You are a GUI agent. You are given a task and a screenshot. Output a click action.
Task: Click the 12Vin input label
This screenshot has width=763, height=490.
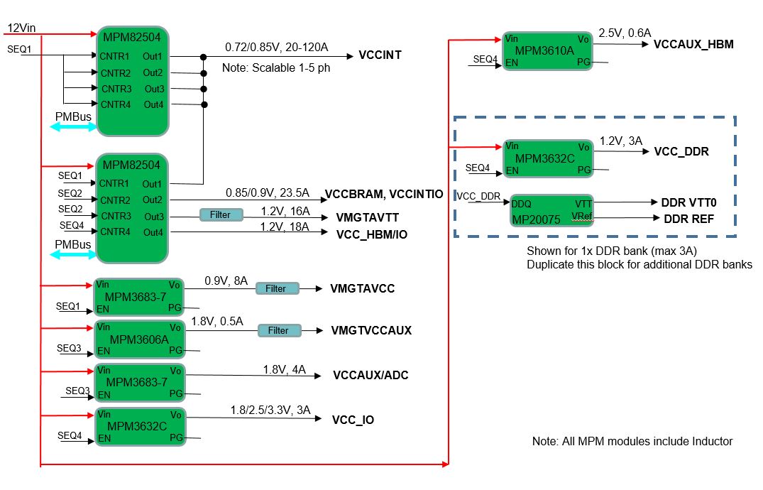click(x=21, y=28)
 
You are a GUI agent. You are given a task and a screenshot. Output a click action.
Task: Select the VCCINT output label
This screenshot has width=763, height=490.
click(x=380, y=55)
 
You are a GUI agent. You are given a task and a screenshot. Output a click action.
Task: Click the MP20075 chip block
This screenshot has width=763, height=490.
click(x=551, y=210)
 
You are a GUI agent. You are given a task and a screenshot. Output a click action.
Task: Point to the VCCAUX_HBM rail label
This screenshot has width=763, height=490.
click(x=693, y=45)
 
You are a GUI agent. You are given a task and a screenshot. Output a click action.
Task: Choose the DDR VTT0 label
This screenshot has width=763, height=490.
click(x=688, y=202)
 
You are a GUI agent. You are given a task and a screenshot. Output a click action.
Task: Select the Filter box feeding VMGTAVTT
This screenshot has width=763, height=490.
click(x=220, y=214)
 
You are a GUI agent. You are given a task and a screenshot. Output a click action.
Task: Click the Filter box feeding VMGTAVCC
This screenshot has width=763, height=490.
click(x=275, y=288)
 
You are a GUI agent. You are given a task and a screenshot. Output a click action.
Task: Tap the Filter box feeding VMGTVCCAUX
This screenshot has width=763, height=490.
click(x=278, y=330)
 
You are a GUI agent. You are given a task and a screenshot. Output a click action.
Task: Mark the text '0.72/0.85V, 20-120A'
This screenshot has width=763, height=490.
click(x=277, y=47)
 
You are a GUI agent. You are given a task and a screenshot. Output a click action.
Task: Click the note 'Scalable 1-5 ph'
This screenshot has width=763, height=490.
click(x=276, y=69)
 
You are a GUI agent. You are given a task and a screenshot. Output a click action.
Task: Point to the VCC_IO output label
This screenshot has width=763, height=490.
click(x=353, y=420)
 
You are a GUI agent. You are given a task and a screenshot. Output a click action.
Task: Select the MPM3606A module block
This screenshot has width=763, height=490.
click(x=139, y=338)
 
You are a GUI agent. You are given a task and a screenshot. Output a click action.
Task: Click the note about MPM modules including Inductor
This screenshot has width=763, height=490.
click(x=632, y=441)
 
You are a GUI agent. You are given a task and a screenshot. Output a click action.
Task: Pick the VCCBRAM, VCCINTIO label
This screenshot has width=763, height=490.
click(x=384, y=194)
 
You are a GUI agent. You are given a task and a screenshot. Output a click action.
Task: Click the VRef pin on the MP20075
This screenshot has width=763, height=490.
click(x=581, y=216)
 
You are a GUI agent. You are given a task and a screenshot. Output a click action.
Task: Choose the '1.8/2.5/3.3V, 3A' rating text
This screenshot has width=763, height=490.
click(x=270, y=410)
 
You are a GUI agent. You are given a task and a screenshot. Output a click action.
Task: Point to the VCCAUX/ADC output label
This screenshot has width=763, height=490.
click(x=370, y=376)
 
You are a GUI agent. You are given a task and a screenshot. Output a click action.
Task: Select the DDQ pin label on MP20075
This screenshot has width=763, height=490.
click(x=522, y=203)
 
